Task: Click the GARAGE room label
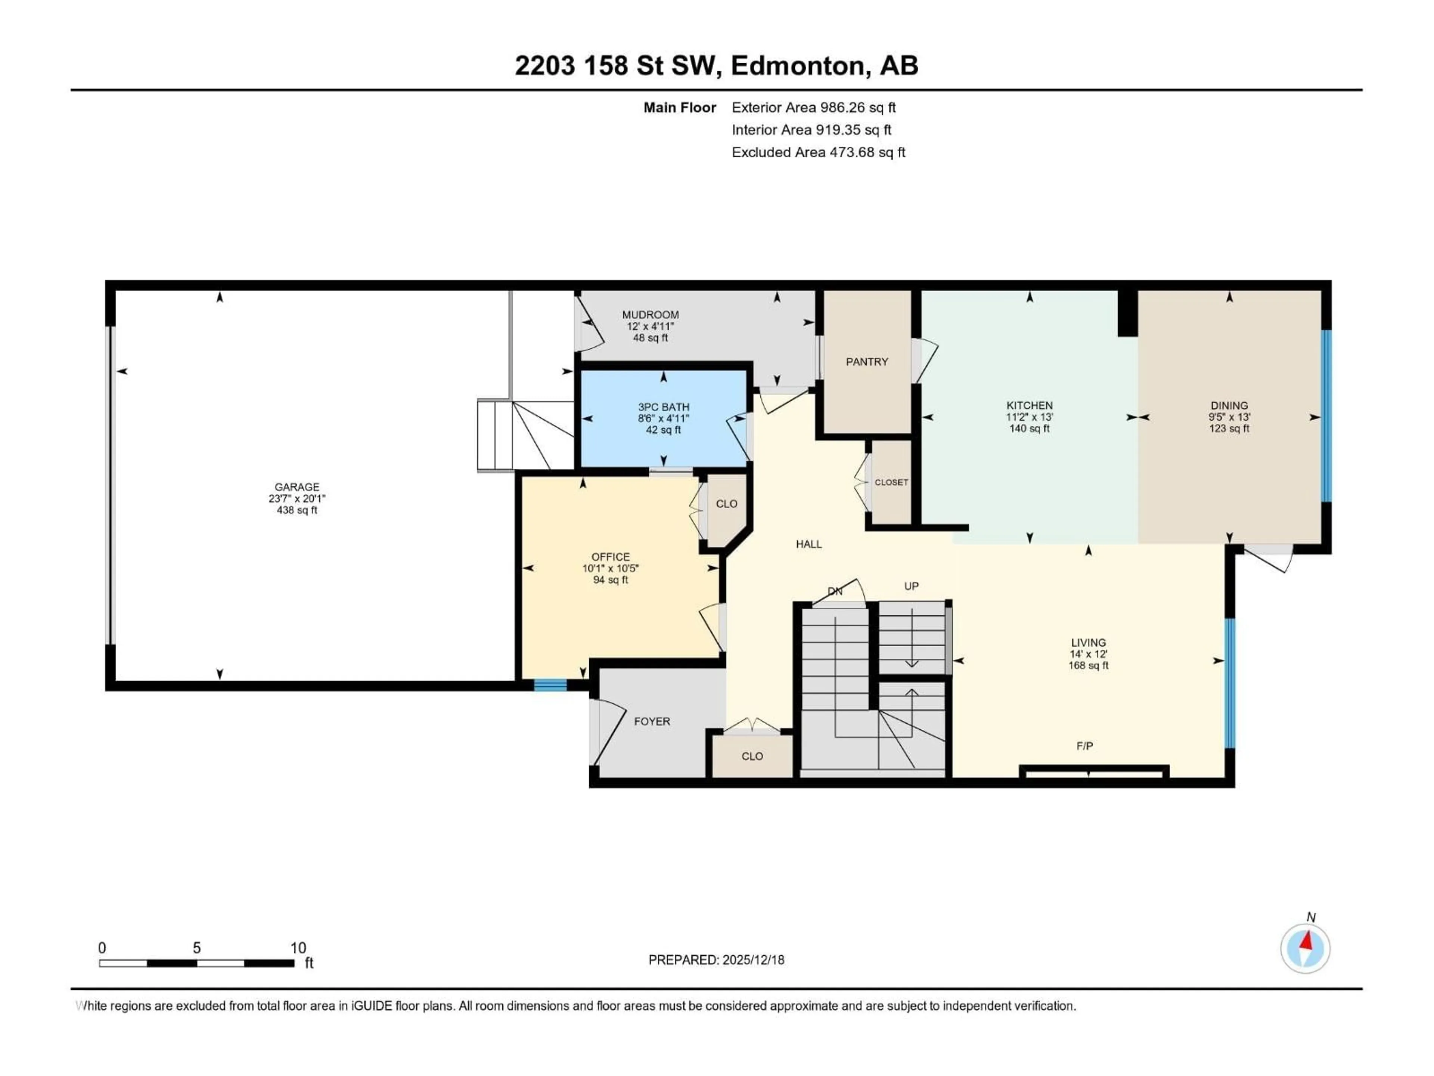(297, 486)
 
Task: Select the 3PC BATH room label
(663, 406)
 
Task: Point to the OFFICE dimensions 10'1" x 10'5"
(610, 568)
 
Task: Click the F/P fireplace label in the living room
(1084, 746)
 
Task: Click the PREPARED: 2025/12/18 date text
(716, 960)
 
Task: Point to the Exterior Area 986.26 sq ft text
(814, 108)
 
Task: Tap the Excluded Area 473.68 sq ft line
(818, 152)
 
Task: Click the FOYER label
(652, 721)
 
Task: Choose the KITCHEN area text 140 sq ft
(1029, 429)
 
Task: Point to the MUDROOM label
(650, 315)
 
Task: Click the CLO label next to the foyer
(752, 756)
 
